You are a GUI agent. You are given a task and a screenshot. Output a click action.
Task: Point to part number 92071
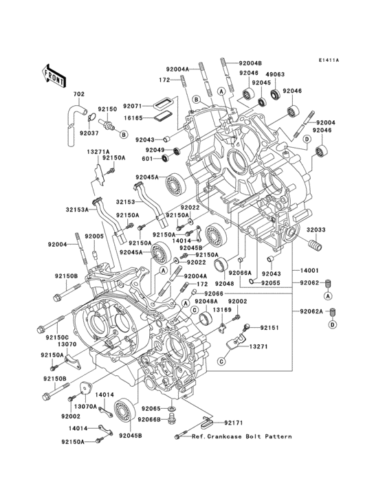[x=133, y=107]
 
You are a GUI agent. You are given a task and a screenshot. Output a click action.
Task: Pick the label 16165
[x=133, y=118]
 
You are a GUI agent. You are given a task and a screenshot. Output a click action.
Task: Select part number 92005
[x=94, y=236]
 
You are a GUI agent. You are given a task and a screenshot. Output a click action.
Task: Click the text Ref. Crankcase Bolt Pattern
[x=241, y=436]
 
